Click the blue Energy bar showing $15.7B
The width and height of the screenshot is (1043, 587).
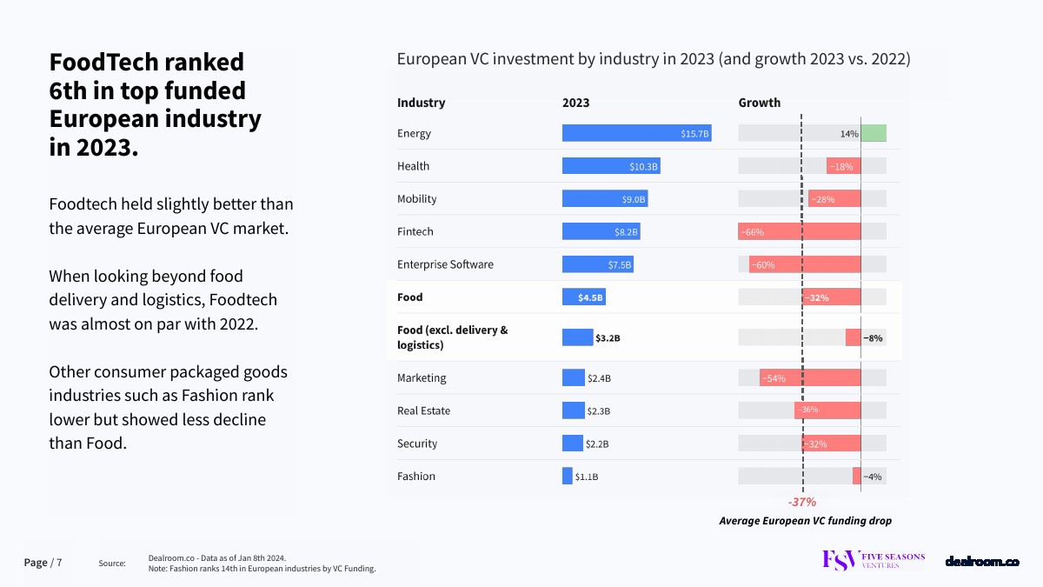(636, 133)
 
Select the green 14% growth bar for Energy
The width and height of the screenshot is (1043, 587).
(874, 133)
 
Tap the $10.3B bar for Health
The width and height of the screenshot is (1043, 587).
(611, 166)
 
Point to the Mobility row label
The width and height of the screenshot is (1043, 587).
(417, 199)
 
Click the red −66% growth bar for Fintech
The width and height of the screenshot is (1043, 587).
(800, 231)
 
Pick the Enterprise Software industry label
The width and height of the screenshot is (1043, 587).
(445, 264)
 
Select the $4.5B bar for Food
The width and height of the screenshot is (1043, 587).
(583, 297)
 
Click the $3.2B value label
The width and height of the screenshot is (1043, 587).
(608, 337)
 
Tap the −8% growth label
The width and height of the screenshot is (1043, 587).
(873, 337)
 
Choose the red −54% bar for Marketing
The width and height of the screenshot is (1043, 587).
(810, 378)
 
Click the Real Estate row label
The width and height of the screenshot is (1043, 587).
(424, 410)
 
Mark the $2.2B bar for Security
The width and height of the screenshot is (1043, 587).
(573, 444)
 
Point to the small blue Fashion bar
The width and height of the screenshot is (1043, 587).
(568, 477)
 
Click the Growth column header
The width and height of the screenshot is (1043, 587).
(760, 103)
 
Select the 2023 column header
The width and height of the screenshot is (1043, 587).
(575, 103)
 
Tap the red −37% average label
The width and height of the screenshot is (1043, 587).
(801, 502)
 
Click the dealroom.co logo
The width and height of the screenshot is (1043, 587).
(982, 562)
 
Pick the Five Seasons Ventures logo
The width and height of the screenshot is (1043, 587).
(874, 561)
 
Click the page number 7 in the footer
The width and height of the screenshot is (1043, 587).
(59, 563)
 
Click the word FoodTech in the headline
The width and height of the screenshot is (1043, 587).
(104, 63)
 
